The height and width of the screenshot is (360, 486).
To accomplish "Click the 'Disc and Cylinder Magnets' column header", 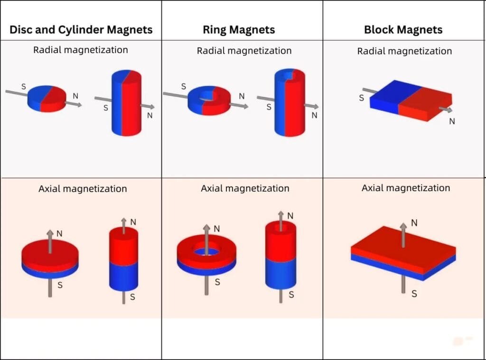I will point(81,29).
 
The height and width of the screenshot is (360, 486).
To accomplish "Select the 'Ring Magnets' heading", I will point(239,29).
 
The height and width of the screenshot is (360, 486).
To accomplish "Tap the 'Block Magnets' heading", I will point(403,29).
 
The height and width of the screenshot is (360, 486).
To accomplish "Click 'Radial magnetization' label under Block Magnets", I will point(404,51).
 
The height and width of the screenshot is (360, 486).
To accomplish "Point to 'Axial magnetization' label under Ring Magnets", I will point(245,188).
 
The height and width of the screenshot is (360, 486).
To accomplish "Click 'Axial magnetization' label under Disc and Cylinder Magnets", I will point(83,189).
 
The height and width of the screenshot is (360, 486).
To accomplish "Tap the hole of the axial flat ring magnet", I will point(207,249).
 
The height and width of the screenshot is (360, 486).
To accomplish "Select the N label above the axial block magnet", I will point(414,222).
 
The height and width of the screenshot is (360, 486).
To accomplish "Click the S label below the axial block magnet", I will point(414,294).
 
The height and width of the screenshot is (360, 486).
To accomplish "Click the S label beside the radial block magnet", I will point(361,98).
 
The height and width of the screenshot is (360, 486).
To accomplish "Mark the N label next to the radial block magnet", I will point(452,121).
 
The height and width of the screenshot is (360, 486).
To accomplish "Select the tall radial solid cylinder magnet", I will point(126,103).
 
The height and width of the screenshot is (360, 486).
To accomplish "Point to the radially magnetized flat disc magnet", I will point(46,98).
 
